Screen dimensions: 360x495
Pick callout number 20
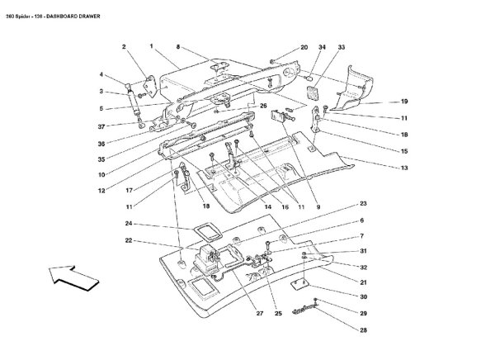click(x=304, y=48)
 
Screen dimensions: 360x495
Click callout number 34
click(x=323, y=48)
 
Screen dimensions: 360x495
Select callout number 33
click(x=341, y=48)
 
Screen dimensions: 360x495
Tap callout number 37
click(x=101, y=126)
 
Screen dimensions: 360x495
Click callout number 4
click(x=101, y=75)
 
